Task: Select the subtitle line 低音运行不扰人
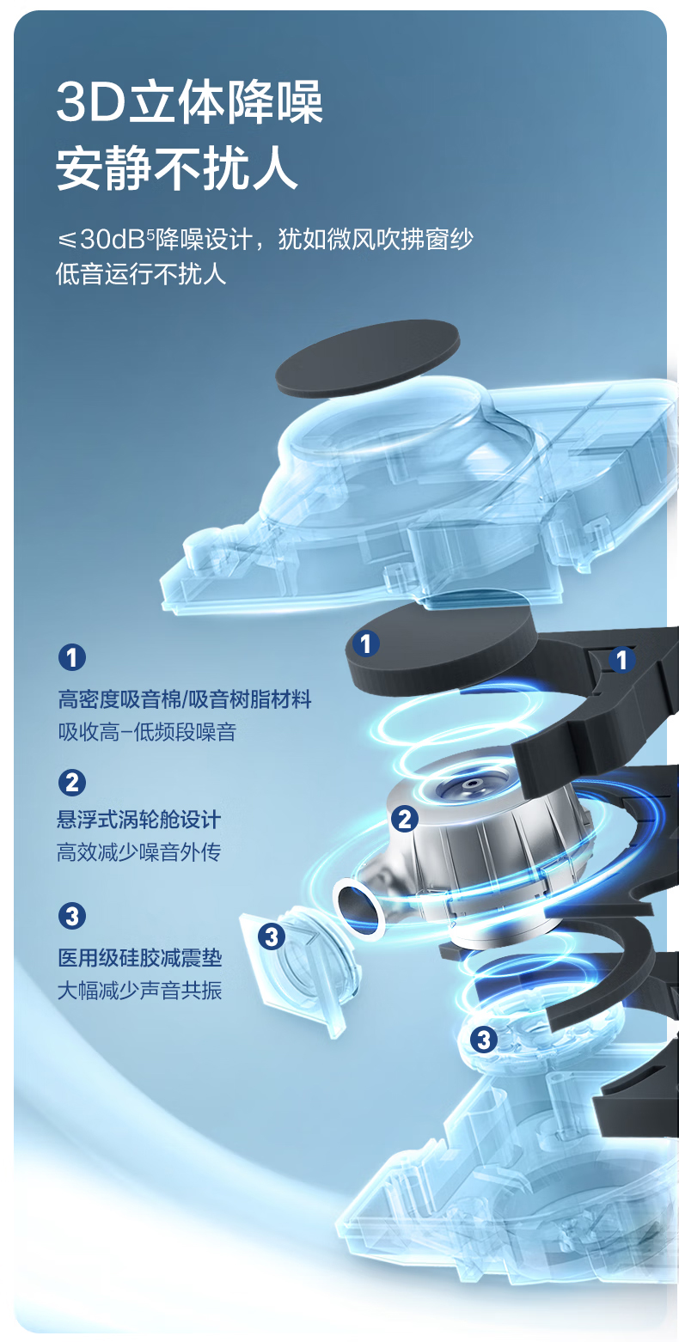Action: tap(142, 274)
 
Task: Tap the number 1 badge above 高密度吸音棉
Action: tap(72, 657)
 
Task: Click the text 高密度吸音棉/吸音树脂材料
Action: tap(185, 699)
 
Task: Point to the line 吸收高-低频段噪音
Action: tap(147, 731)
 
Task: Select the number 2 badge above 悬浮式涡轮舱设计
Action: tap(72, 783)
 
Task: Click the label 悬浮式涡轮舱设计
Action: tap(139, 819)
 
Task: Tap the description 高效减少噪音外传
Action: tap(139, 851)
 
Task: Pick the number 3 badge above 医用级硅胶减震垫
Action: tap(72, 916)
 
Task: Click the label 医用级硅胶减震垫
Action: tap(139, 957)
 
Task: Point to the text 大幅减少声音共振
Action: tap(139, 990)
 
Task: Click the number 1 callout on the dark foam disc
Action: tap(365, 644)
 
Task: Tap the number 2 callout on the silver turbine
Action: tap(405, 819)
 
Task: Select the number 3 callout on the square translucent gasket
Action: tap(272, 936)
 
